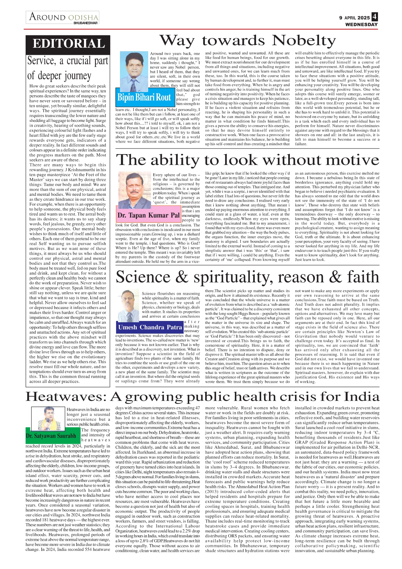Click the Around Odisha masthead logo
pos(63,17)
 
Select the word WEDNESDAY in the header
pos(361,25)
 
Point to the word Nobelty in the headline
pos(304,41)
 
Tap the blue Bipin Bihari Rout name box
pos(144,97)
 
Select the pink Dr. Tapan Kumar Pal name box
pos(149,215)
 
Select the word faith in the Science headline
pos(363,278)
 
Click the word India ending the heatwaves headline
pos(361,397)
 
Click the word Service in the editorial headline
pos(41,61)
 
